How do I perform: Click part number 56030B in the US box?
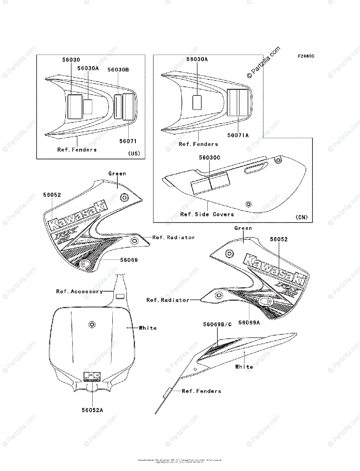point(118,69)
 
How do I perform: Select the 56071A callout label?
point(238,135)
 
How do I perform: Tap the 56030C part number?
point(209,157)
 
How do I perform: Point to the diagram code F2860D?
point(305,56)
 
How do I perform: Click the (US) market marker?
point(134,153)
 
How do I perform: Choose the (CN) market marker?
point(302,217)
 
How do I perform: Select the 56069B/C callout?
point(217,324)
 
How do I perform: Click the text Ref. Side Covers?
point(207,214)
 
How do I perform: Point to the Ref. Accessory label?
point(80,291)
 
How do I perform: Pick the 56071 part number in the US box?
point(128,141)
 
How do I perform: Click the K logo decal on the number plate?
point(92,376)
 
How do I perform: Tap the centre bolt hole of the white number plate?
point(92,324)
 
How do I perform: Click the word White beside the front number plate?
point(148,328)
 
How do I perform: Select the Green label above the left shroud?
point(117,173)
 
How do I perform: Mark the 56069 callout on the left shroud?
point(129,260)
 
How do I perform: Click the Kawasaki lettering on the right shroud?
point(275,269)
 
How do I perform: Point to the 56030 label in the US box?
point(71,60)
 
